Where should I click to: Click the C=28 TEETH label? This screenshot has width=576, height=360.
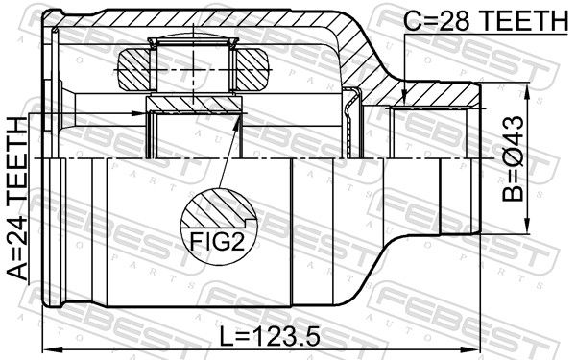[485, 20]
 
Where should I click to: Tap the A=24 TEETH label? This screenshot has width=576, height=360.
[17, 199]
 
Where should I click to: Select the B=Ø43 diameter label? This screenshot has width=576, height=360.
[513, 158]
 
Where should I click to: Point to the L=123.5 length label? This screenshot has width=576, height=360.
[270, 337]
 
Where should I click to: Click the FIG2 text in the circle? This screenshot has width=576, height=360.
[217, 241]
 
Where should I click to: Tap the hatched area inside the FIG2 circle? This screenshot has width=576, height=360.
[217, 208]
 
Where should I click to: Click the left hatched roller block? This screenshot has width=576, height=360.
[134, 69]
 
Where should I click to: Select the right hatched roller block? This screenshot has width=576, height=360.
[252, 69]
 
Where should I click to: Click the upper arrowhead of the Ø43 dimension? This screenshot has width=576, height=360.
[527, 91]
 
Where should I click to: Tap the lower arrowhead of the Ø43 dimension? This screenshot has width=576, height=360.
[527, 226]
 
